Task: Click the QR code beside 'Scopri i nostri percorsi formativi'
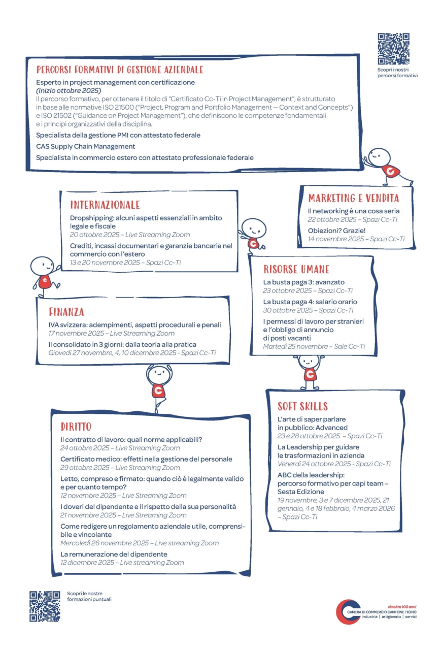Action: pyautogui.click(x=393, y=49)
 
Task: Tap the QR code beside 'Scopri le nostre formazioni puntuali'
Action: pyautogui.click(x=45, y=606)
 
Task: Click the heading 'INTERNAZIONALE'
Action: pyautogui.click(x=105, y=205)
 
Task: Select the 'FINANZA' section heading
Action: pyautogui.click(x=66, y=312)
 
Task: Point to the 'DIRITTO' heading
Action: pyautogui.click(x=76, y=427)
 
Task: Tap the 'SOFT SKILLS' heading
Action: pyautogui.click(x=302, y=406)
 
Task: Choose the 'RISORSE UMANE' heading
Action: pyautogui.click(x=296, y=269)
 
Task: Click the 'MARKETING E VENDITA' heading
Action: pyautogui.click(x=354, y=198)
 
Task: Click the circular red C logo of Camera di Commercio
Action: pyautogui.click(x=348, y=611)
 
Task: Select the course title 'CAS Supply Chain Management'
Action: pyautogui.click(x=85, y=146)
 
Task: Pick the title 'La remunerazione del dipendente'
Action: pyautogui.click(x=114, y=554)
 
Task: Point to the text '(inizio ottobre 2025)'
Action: pyautogui.click(x=69, y=90)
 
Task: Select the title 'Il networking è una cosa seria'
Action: pyautogui.click(x=354, y=211)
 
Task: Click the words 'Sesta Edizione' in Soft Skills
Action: pyautogui.click(x=301, y=492)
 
